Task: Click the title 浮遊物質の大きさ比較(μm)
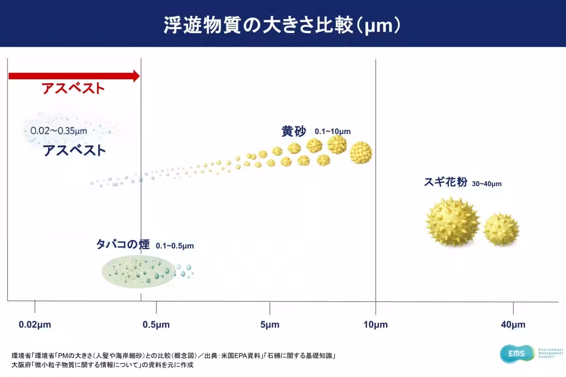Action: click(x=283, y=25)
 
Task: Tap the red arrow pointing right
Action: click(x=74, y=76)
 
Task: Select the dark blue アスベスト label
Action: click(x=74, y=151)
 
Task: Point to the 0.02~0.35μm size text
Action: click(x=58, y=131)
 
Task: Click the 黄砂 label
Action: click(x=293, y=131)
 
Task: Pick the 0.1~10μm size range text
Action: click(x=333, y=132)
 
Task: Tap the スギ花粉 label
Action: click(x=445, y=182)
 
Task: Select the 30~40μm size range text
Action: click(x=486, y=184)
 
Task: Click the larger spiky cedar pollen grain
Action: click(x=452, y=221)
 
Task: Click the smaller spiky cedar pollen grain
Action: click(x=501, y=229)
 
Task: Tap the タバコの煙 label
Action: click(x=123, y=244)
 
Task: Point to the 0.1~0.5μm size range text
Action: click(x=175, y=246)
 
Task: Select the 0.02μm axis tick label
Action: click(x=35, y=325)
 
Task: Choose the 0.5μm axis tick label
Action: click(x=156, y=325)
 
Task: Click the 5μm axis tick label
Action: click(x=269, y=325)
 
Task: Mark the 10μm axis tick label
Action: click(x=375, y=325)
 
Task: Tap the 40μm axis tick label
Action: click(x=513, y=325)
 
